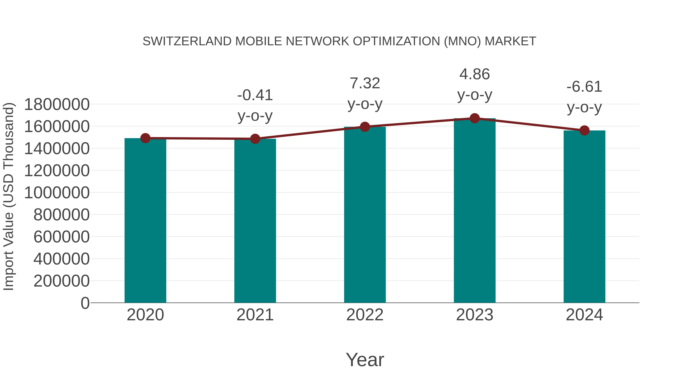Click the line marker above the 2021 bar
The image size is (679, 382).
pyautogui.click(x=255, y=139)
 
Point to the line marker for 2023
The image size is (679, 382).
pyautogui.click(x=475, y=118)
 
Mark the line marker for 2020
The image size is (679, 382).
pyautogui.click(x=145, y=138)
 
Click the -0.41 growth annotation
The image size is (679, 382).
pyautogui.click(x=255, y=95)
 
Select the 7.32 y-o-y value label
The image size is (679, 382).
pyautogui.click(x=365, y=83)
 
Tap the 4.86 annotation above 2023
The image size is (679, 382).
pyautogui.click(x=475, y=74)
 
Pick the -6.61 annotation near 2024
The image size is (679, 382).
pyautogui.click(x=584, y=87)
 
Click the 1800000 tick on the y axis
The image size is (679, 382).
pyautogui.click(x=57, y=104)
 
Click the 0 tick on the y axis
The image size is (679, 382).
pyautogui.click(x=85, y=303)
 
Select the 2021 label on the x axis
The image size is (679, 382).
pyautogui.click(x=255, y=315)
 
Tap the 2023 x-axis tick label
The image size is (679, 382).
pyautogui.click(x=475, y=315)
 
